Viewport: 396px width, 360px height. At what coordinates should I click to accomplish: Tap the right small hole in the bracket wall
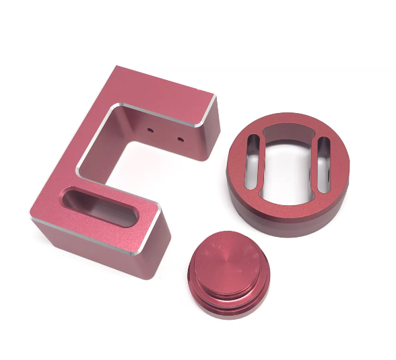[x=180, y=139]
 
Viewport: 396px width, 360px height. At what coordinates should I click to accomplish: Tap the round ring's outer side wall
[x=290, y=222]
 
